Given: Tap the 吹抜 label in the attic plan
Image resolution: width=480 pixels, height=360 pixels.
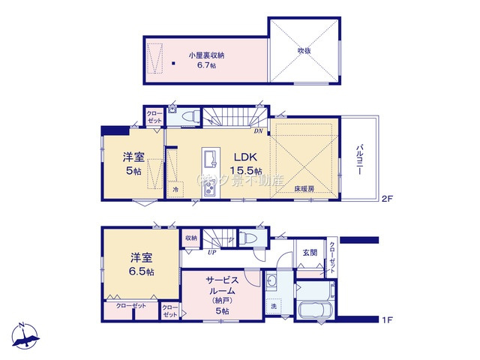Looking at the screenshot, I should click(303, 50).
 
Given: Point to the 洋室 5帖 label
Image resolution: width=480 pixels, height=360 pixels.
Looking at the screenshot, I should click(133, 164).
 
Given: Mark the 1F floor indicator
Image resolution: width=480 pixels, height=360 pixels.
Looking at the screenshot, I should click(387, 320).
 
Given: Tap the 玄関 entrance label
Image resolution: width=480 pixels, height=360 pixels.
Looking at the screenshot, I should click(308, 251).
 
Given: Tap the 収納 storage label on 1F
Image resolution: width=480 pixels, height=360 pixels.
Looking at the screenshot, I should click(190, 238).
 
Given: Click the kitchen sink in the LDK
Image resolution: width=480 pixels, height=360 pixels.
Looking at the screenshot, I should click(208, 160).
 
